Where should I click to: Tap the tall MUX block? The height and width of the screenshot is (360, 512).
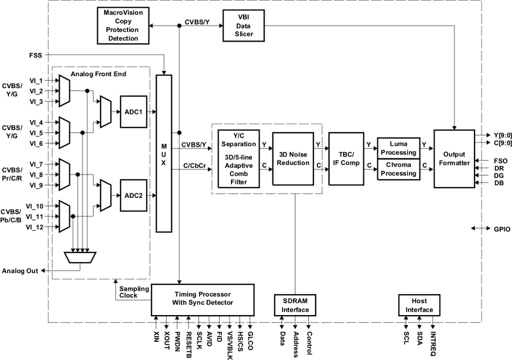pos(163,154)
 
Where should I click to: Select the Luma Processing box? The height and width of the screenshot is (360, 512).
pos(398,148)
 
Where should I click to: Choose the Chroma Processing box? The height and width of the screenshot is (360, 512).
pos(398,169)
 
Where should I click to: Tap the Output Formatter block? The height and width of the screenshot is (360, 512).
pos(454,159)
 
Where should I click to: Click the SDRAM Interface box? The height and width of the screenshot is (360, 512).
pos(295,305)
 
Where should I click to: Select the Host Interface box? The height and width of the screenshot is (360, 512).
pos(419,305)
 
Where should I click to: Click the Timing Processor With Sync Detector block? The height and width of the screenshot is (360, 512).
pos(203,297)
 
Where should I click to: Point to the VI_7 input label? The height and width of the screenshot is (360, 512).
pos(36,164)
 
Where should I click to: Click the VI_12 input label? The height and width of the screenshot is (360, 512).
pos(35,227)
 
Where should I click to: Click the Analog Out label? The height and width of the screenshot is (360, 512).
pos(20,271)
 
